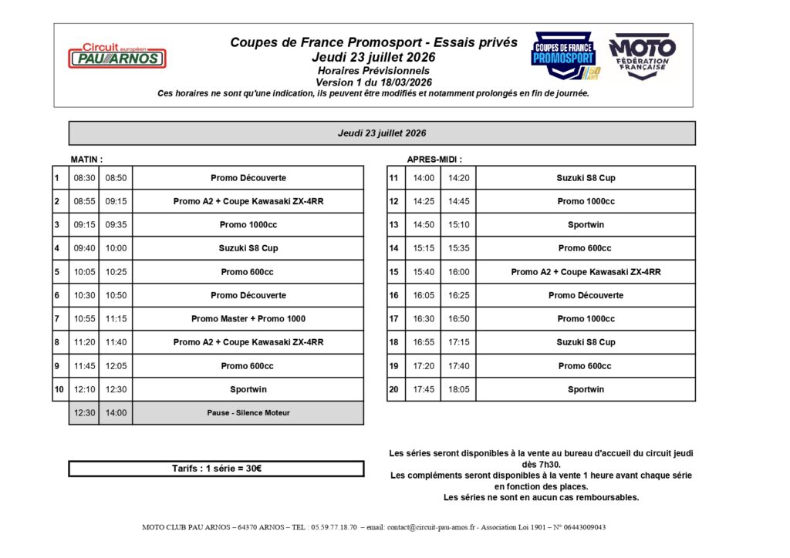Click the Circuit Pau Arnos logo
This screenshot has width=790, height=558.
(116, 55)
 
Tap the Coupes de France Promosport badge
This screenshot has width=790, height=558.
(564, 55)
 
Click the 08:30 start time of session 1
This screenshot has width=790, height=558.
(84, 178)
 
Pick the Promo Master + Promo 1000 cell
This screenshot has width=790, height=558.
(248, 319)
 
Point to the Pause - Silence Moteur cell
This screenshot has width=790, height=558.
(248, 413)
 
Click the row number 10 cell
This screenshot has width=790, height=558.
(59, 390)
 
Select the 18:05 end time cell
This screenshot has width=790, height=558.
(458, 390)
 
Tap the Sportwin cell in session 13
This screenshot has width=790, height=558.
(586, 225)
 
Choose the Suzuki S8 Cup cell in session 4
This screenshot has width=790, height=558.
(248, 248)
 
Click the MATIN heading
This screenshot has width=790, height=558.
(86, 160)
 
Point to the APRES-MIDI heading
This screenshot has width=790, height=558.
(434, 160)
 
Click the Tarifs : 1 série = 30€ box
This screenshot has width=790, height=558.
(216, 469)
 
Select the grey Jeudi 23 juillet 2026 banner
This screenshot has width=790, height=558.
(382, 133)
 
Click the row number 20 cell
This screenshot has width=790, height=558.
(393, 390)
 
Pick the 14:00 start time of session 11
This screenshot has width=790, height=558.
(424, 178)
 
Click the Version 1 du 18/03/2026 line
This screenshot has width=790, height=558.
(373, 82)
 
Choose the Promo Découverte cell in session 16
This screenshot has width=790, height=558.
(586, 295)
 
